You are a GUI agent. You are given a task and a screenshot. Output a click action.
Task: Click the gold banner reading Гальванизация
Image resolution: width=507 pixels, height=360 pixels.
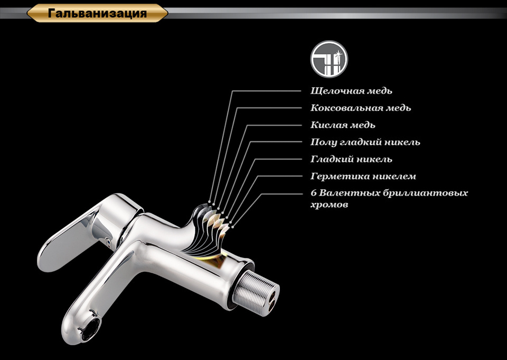point(97,13)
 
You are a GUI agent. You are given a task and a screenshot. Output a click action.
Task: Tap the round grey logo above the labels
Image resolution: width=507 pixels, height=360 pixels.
point(329,59)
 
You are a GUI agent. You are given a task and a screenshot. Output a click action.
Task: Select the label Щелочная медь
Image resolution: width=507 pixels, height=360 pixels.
point(351,91)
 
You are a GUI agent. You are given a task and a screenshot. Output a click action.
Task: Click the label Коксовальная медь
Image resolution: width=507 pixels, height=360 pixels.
point(361,108)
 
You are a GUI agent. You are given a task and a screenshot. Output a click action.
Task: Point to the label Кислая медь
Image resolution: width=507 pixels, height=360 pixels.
point(343,125)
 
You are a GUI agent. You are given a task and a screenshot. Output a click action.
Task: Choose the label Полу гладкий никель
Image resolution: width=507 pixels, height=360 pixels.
point(365,142)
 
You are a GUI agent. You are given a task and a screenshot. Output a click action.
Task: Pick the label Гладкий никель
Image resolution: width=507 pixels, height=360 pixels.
point(351,159)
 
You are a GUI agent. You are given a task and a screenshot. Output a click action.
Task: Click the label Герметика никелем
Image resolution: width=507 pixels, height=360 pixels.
point(363,177)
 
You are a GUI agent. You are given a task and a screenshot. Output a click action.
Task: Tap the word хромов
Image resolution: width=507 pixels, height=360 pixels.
point(329,205)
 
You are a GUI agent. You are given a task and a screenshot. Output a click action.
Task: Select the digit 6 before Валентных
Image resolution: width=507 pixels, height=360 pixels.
point(313,193)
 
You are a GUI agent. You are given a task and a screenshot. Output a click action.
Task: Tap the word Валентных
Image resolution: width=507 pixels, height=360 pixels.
point(350,193)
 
